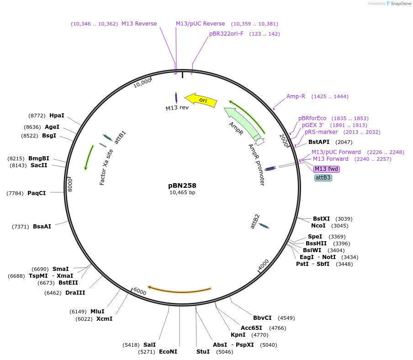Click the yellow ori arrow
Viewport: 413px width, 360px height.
(x=201, y=100)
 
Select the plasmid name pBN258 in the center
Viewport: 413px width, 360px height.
(x=182, y=185)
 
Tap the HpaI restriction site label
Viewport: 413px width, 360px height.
(x=57, y=116)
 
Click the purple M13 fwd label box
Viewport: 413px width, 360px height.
(x=327, y=169)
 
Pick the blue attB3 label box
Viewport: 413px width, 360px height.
(x=323, y=178)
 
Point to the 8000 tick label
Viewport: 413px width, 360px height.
(x=70, y=184)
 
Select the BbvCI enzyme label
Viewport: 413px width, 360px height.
(x=262, y=318)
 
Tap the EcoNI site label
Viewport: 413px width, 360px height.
(x=168, y=352)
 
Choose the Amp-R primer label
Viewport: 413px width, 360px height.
(x=296, y=96)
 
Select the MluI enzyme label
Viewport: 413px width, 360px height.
(x=97, y=312)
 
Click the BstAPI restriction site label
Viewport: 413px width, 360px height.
(x=319, y=142)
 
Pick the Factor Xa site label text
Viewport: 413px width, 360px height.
(x=106, y=167)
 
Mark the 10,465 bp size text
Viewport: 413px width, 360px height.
(x=182, y=192)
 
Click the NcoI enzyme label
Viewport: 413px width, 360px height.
(x=318, y=226)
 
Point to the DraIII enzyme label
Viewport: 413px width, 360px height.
(x=75, y=293)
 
